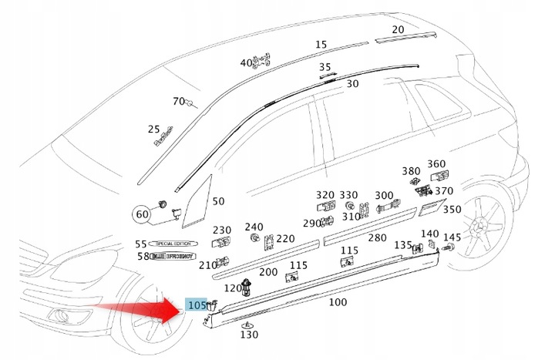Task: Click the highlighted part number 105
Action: [197, 305]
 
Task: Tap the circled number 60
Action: [142, 214]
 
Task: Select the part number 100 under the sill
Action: [338, 302]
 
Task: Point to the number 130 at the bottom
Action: [249, 335]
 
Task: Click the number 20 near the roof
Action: [398, 30]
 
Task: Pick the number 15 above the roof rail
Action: [321, 45]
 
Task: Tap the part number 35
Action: [325, 67]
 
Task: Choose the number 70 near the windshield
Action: [179, 102]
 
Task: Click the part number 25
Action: [154, 130]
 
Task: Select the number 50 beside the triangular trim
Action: [218, 201]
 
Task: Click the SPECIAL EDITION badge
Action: [173, 244]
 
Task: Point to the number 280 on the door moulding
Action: [377, 238]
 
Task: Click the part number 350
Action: [452, 209]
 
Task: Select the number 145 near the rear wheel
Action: [452, 237]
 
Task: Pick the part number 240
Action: [254, 227]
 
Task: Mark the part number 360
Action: [436, 164]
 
